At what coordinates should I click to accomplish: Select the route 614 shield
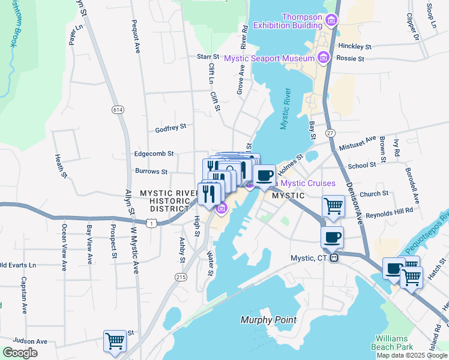pyautogui.click(x=117, y=109)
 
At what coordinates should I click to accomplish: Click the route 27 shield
pyautogui.click(x=330, y=132)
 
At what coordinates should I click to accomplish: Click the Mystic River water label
pyautogui.click(x=285, y=109)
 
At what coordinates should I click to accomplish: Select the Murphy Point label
pyautogui.click(x=268, y=320)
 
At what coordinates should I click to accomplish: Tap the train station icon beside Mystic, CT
pyautogui.click(x=335, y=258)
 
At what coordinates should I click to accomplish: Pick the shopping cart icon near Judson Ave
pyautogui.click(x=115, y=341)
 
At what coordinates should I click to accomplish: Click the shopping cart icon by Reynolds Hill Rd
pyautogui.click(x=333, y=206)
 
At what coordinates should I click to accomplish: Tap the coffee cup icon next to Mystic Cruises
pyautogui.click(x=264, y=175)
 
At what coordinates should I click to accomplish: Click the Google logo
pyautogui.click(x=19, y=353)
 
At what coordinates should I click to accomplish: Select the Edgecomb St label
pyautogui.click(x=154, y=154)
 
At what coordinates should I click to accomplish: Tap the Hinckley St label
pyautogui.click(x=355, y=46)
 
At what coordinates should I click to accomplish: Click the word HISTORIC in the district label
pyautogui.click(x=168, y=200)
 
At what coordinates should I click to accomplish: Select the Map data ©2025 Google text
pyautogui.click(x=412, y=355)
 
